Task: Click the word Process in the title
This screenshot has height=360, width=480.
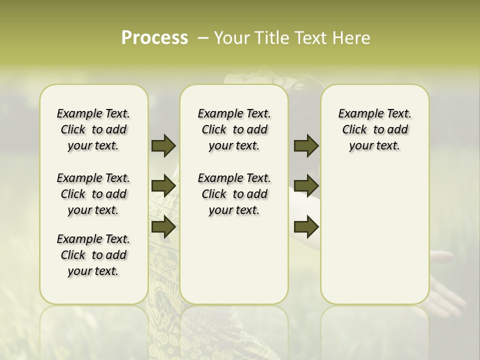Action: coord(154,38)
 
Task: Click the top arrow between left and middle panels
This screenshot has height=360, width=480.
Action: coord(163,145)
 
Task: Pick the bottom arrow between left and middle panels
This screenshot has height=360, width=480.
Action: coord(163,227)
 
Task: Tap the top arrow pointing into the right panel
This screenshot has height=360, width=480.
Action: coord(306,145)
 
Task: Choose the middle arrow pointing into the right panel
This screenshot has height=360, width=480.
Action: coord(306,186)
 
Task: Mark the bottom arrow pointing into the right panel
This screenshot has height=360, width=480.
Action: coord(306,227)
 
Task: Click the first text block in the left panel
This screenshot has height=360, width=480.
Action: coord(93,129)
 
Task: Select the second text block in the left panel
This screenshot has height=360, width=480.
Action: coord(93,194)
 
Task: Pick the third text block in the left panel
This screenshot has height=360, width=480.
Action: coord(93,255)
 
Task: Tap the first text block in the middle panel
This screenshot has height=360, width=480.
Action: coord(234,129)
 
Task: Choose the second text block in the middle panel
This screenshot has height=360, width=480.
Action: coord(234,194)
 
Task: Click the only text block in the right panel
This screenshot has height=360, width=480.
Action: coord(374,129)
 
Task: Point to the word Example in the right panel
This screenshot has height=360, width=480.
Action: coord(356,114)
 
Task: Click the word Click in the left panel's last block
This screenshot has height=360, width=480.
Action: coord(73,255)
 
